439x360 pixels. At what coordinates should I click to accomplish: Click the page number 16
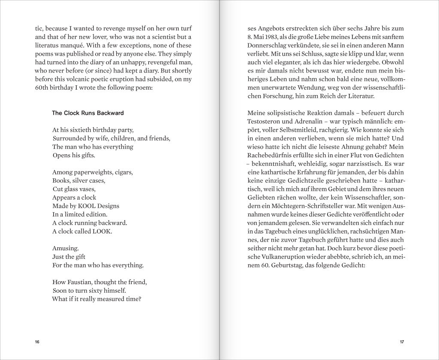pyautogui.click(x=37, y=342)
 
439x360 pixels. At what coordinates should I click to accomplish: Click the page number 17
pyautogui.click(x=402, y=342)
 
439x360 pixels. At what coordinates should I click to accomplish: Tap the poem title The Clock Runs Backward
pyautogui.click(x=87, y=113)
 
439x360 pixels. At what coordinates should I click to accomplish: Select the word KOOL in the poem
pyautogui.click(x=86, y=206)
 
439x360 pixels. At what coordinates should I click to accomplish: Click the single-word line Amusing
pyautogui.click(x=65, y=248)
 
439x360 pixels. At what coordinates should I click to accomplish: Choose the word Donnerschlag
pyautogui.click(x=268, y=45)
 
